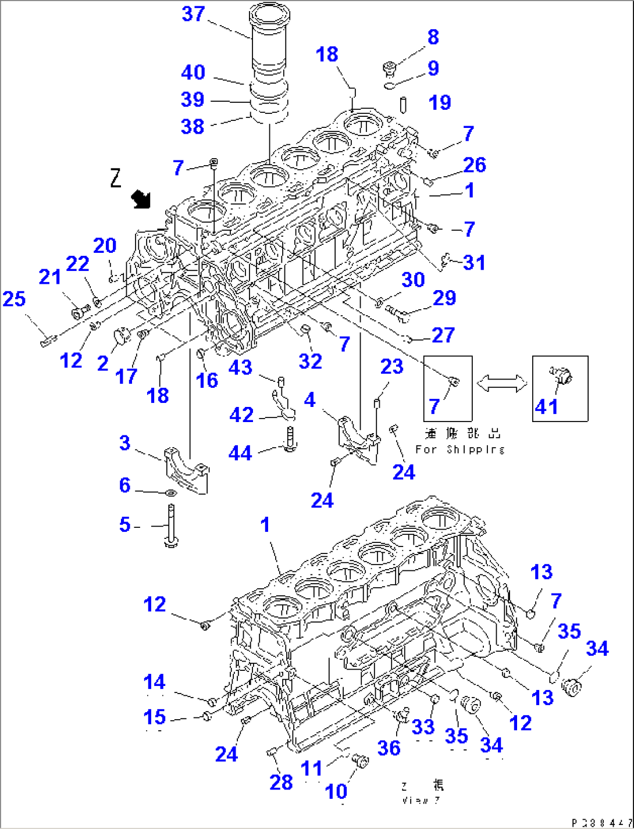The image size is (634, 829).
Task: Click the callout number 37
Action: coord(193,14)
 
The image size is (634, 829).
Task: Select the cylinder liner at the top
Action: coord(269,47)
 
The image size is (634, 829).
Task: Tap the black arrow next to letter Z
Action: coord(140,199)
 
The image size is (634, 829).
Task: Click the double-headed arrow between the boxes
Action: coord(502,383)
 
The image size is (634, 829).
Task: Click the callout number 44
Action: coord(240,453)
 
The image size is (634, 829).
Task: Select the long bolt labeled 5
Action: coord(171,526)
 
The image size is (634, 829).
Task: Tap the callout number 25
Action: coord(14,299)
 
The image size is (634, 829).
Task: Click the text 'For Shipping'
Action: coord(460,449)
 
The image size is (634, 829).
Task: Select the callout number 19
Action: coord(440,102)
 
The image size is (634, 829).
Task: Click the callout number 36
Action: coord(389,748)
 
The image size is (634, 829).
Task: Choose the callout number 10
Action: coord(336,791)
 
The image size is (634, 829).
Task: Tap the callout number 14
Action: coord(154,682)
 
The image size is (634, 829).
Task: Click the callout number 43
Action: coord(240,367)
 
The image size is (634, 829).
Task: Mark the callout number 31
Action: coord(474,262)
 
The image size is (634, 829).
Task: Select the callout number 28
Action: coord(281,782)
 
